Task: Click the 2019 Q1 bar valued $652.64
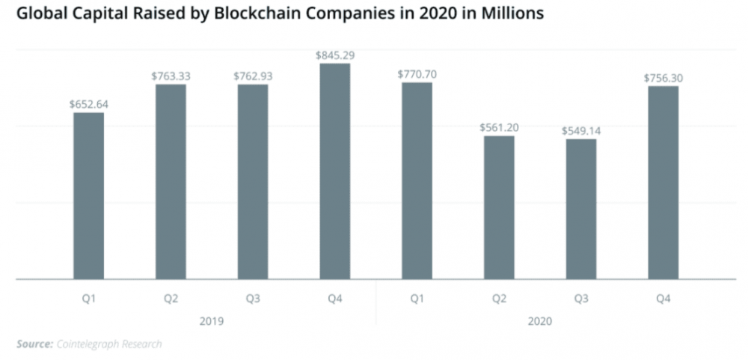[88, 196]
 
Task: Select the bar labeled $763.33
[171, 182]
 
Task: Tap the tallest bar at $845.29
[335, 171]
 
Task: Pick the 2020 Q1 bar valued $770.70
[417, 181]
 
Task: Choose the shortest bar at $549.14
[581, 209]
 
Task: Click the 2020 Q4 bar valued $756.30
[663, 183]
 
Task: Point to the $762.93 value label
[253, 76]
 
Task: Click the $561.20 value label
[499, 127]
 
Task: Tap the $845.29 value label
[335, 55]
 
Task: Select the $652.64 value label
[88, 104]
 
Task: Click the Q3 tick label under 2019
[253, 299]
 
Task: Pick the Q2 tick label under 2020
[499, 299]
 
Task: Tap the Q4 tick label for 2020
[663, 299]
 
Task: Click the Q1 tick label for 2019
[88, 299]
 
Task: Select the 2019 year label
[212, 321]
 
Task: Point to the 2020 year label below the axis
[540, 321]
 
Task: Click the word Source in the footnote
[34, 344]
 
